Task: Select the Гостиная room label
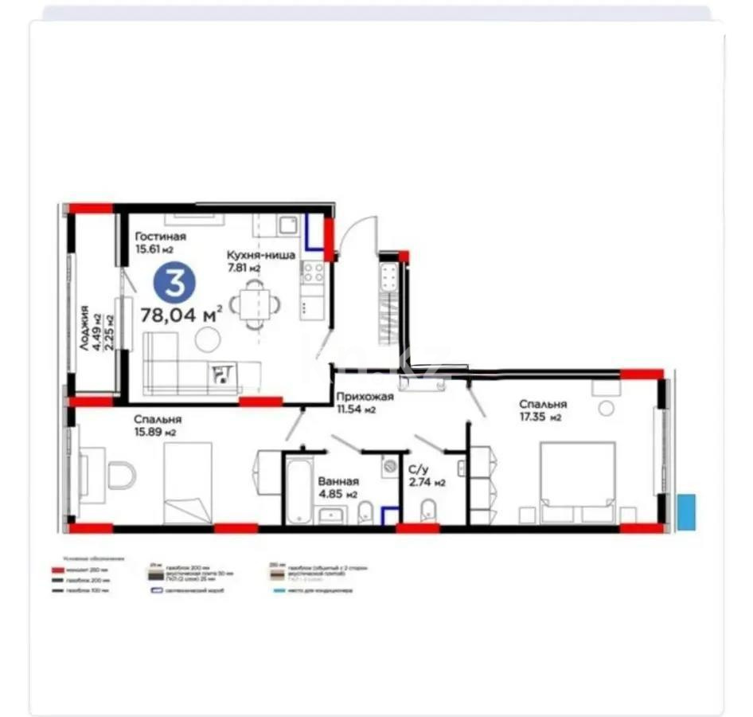coord(160,237)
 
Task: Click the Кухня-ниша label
coord(261,255)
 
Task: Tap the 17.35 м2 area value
coord(541,417)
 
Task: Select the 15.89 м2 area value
coord(154,432)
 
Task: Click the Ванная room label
coord(338,481)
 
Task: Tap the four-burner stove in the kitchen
coord(312,274)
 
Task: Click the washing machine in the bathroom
coord(389,467)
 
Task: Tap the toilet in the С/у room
coord(427,509)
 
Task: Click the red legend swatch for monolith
coord(57,570)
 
